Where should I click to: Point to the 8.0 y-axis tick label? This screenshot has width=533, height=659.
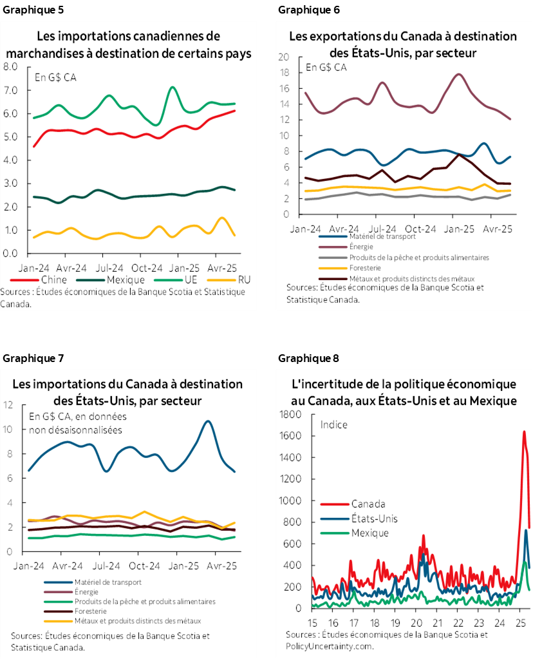pyautogui.click(x=10, y=67)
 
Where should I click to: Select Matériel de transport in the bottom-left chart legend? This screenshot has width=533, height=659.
pyautogui.click(x=106, y=582)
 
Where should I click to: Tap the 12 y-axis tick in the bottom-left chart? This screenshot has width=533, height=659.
pyautogui.click(x=8, y=405)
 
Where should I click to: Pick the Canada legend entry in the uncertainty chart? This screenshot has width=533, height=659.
pyautogui.click(x=368, y=503)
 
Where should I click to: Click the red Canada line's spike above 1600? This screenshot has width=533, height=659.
pyautogui.click(x=524, y=432)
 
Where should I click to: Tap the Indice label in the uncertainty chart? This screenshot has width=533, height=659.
pyautogui.click(x=334, y=425)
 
